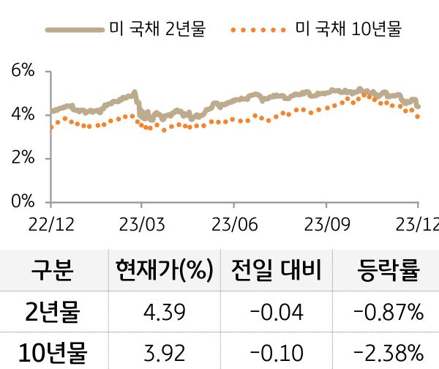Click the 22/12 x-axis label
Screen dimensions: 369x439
[50, 224]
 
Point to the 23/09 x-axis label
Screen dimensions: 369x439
[326, 224]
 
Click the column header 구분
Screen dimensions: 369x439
[52, 271]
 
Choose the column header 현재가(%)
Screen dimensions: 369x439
[164, 271]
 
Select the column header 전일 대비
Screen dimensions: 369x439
[276, 271]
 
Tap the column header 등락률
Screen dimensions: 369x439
[388, 271]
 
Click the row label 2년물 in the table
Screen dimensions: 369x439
[52, 313]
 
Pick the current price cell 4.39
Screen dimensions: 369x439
[164, 313]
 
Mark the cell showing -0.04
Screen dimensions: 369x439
[276, 313]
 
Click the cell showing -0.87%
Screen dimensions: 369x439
[388, 313]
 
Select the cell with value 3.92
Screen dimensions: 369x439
[164, 353]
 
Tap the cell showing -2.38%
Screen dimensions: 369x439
[388, 353]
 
